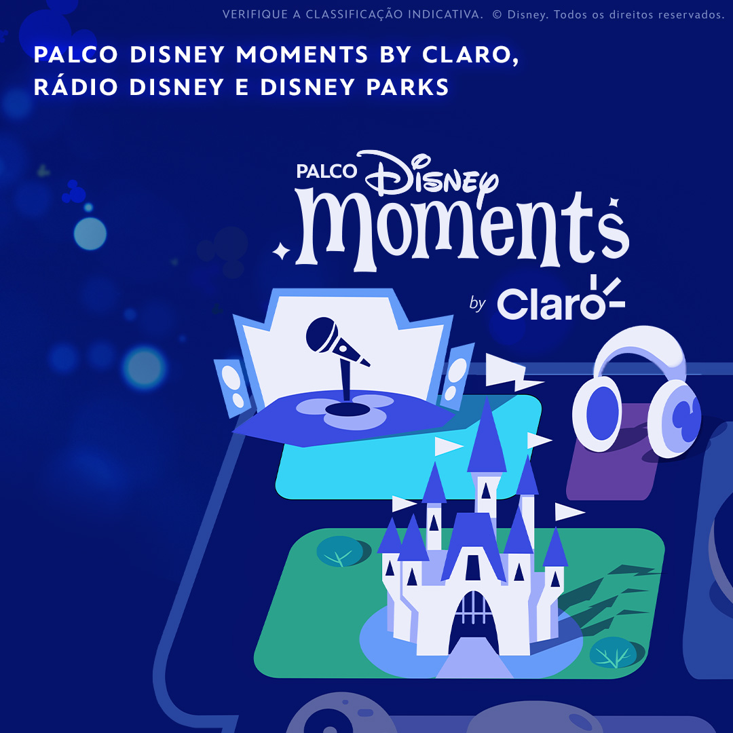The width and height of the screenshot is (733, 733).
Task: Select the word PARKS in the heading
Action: tap(407, 87)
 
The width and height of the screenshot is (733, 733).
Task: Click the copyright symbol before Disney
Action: tap(497, 14)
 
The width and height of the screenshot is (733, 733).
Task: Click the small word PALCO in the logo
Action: tap(326, 171)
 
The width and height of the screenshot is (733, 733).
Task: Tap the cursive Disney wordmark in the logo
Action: tap(430, 175)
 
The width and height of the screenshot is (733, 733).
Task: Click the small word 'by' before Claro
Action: tap(477, 303)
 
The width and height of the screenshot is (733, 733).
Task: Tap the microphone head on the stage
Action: tap(322, 334)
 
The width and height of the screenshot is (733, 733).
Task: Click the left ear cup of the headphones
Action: tap(597, 413)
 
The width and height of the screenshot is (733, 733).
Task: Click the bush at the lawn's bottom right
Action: tap(613, 652)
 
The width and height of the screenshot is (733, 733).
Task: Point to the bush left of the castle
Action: tap(340, 551)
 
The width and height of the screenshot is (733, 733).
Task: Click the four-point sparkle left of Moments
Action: tap(281, 252)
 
